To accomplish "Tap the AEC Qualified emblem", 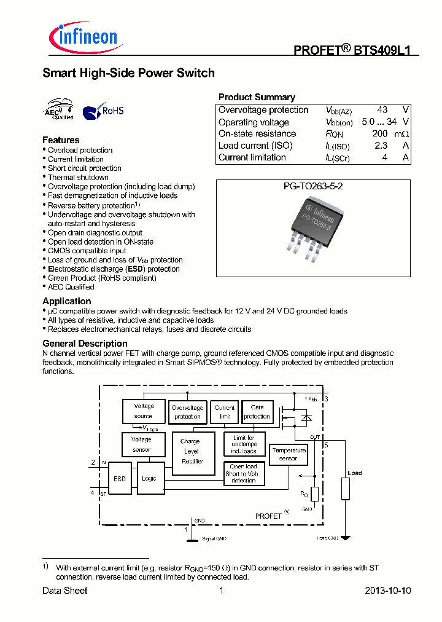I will (59, 109).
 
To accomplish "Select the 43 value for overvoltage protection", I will (382, 110).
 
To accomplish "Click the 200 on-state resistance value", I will (379, 134).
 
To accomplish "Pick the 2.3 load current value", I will (381, 146).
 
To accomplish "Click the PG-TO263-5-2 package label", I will (313, 186).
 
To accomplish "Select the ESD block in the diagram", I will (119, 478).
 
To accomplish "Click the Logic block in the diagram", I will (149, 478).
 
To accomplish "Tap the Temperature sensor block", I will (289, 455).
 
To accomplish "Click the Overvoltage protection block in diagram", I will (187, 412).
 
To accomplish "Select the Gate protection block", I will (257, 412).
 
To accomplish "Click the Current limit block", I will (225, 412).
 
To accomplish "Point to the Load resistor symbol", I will (346, 489).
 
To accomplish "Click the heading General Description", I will (85, 344).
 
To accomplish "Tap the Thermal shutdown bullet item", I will (78, 178).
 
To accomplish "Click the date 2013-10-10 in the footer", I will (387, 591).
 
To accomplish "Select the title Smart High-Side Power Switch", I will (128, 73).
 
